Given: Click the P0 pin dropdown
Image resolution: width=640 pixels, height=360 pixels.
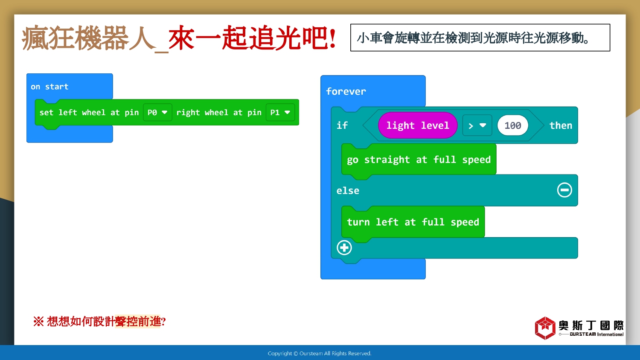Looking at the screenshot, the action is tap(157, 112).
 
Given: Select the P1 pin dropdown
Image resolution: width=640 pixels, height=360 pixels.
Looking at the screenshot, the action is tap(280, 112).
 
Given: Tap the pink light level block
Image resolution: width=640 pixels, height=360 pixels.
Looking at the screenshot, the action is tap(417, 125).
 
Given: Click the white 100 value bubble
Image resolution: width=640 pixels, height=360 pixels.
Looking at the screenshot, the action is tap(512, 125).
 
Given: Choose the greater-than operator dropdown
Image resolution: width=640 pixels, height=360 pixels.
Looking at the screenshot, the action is tap(477, 125).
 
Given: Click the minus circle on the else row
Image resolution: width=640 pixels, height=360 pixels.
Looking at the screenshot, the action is tap(564, 190).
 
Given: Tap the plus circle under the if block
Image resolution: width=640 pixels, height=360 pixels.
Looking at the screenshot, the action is tap(344, 247).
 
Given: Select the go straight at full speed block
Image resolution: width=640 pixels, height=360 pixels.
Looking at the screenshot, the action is tap(419, 160).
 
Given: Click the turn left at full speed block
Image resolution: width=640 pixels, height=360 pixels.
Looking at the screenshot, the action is tap(413, 222).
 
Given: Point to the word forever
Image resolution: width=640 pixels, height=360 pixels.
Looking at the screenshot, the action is tap(346, 91).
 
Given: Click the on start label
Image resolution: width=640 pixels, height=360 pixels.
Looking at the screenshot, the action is tap(49, 87).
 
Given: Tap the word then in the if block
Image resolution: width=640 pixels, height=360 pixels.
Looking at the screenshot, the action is tap(561, 125).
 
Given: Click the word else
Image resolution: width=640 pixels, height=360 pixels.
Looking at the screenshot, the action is tap(348, 191).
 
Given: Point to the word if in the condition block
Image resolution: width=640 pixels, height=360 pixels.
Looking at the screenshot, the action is tap(342, 125).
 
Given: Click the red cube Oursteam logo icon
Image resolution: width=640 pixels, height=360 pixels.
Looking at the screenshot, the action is tap(545, 328).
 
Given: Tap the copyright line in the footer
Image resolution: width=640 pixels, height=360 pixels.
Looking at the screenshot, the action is tap(320, 354).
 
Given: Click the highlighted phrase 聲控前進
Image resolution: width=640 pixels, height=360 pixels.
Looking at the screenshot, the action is tap(138, 322).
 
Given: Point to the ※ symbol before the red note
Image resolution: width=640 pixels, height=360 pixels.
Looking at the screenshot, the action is tap(38, 322).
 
